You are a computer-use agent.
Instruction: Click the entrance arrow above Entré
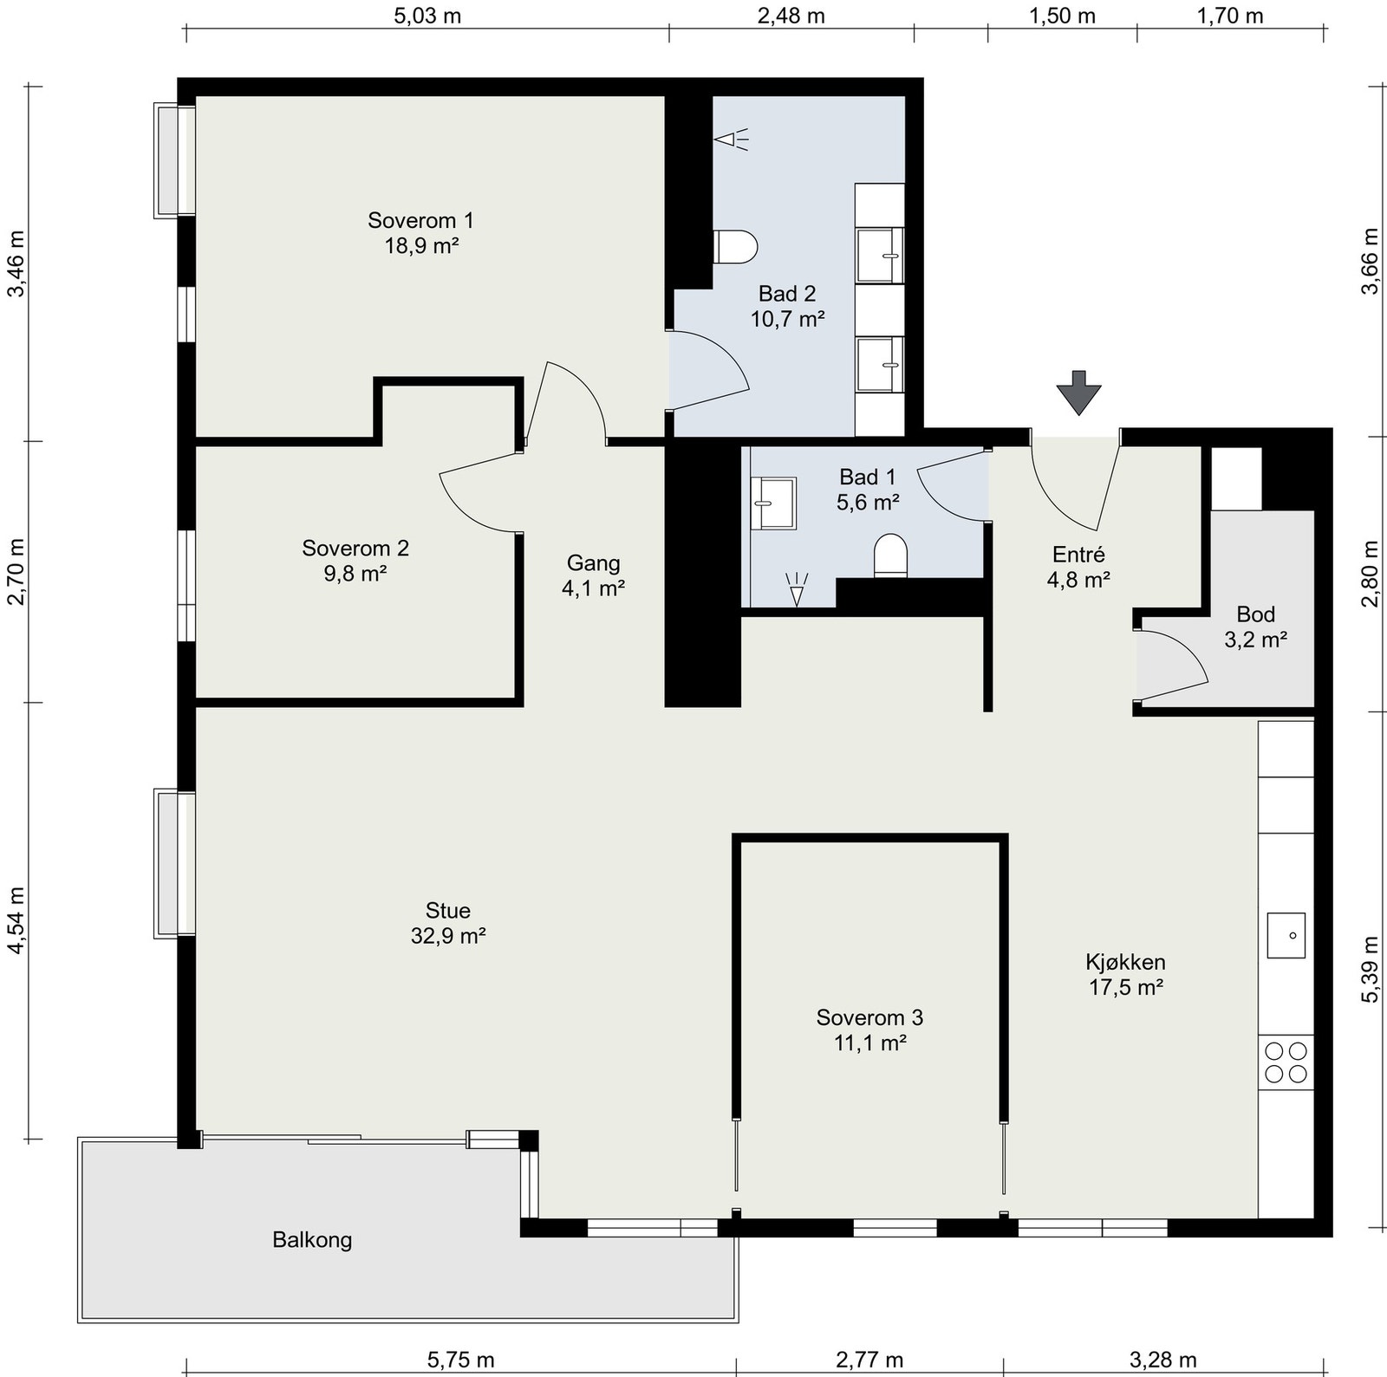pyautogui.click(x=1078, y=393)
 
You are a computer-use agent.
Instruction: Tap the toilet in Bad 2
pyautogui.click(x=736, y=246)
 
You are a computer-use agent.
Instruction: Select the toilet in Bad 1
pyautogui.click(x=890, y=555)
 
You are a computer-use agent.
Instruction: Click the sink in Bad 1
pyautogui.click(x=774, y=503)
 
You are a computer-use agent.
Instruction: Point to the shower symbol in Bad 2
pyautogui.click(x=733, y=139)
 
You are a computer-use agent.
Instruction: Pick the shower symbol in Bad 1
pyautogui.click(x=797, y=588)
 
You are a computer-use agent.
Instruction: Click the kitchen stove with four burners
pyautogui.click(x=1286, y=1062)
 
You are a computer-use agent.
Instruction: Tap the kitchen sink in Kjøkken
pyautogui.click(x=1286, y=935)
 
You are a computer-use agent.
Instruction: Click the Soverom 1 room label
pyautogui.click(x=421, y=220)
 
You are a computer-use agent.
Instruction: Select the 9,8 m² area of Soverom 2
pyautogui.click(x=355, y=573)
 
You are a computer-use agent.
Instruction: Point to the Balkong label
pyautogui.click(x=312, y=1240)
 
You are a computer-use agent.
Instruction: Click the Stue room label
pyautogui.click(x=448, y=911)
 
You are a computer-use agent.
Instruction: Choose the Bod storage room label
pyautogui.click(x=1255, y=614)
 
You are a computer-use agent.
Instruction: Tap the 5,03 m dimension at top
pyautogui.click(x=427, y=16)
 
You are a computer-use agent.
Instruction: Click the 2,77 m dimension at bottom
pyautogui.click(x=869, y=1360)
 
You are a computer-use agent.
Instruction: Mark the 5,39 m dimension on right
pyautogui.click(x=1370, y=970)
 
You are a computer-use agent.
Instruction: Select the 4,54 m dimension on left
pyautogui.click(x=17, y=919)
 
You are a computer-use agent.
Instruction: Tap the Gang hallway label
pyautogui.click(x=594, y=563)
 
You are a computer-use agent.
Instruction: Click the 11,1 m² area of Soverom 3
pyautogui.click(x=870, y=1042)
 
